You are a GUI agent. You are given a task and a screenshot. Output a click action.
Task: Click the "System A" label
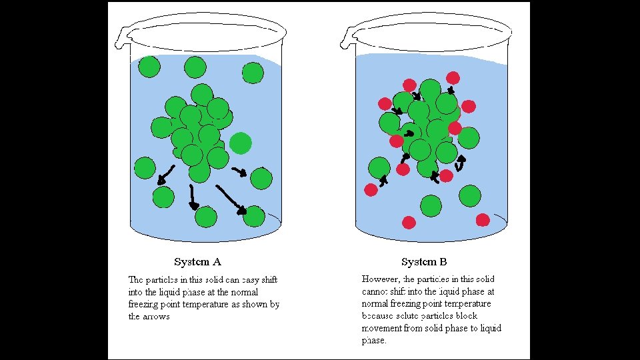click(197, 262)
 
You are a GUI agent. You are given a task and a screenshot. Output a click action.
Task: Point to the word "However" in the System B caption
click(381, 279)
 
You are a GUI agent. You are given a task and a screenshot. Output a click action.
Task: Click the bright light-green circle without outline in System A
click(241, 143)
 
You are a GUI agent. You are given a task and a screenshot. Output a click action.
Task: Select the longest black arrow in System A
click(231, 200)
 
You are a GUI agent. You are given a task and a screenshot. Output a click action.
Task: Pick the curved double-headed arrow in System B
click(459, 162)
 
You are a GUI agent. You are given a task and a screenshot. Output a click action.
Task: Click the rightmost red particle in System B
click(483, 220)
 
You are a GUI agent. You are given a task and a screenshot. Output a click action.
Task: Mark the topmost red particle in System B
click(453, 77)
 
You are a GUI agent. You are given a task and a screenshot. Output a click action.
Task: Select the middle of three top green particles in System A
click(195, 67)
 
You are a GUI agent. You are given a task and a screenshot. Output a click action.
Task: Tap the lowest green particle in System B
click(431, 205)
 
